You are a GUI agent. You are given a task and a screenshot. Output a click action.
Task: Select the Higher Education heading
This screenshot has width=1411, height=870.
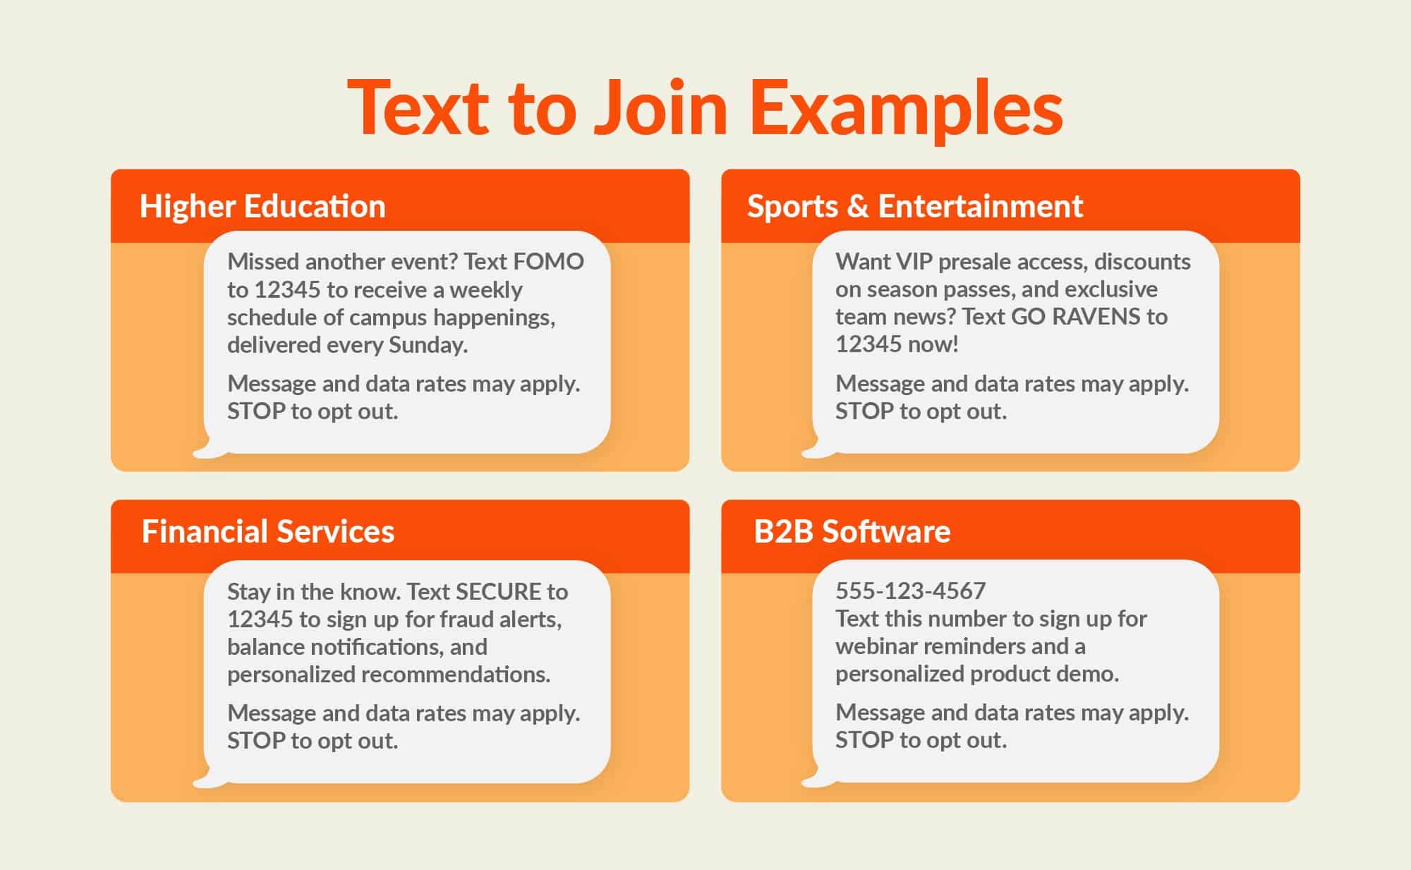click(x=262, y=206)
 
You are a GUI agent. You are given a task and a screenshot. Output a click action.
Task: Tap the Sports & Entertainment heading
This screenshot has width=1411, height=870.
click(x=914, y=206)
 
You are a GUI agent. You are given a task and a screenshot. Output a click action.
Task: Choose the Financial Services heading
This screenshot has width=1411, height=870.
click(x=267, y=531)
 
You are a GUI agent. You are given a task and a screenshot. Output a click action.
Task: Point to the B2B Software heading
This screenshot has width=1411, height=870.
click(x=852, y=531)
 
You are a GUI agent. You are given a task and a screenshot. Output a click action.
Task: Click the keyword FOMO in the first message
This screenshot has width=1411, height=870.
click(x=548, y=262)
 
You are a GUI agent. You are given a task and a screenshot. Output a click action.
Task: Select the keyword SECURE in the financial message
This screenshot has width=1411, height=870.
click(x=498, y=591)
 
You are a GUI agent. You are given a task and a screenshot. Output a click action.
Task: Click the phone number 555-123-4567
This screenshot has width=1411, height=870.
click(x=910, y=591)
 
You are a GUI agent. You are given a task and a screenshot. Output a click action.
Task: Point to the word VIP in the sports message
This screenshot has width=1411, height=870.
click(x=914, y=262)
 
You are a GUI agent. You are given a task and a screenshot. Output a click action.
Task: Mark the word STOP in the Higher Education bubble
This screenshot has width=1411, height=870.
click(x=256, y=411)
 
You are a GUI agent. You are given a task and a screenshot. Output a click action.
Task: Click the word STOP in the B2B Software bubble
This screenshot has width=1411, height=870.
click(x=864, y=740)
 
